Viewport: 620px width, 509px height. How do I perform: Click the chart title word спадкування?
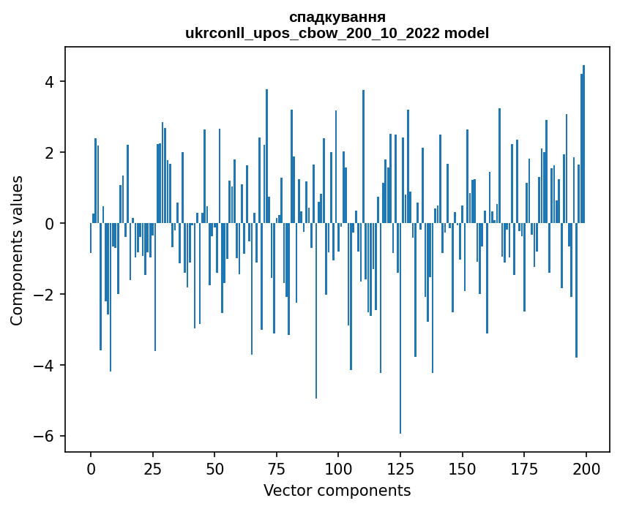[x=337, y=17]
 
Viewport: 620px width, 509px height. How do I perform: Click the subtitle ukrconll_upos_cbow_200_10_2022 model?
[x=337, y=33]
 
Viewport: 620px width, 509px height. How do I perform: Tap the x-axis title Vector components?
[x=337, y=490]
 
